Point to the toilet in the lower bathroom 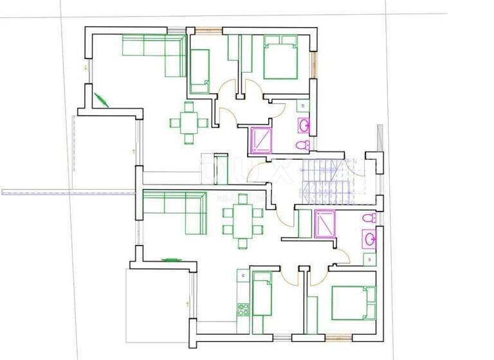pos(369,219)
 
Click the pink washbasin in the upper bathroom pos(304,125)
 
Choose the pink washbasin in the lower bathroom pos(370,240)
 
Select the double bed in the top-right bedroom pos(280,57)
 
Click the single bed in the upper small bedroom pos(199,71)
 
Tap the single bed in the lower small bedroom pos(262,294)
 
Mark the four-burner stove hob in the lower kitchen pos(244,309)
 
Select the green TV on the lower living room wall pos(170,260)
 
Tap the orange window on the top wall pos(209,30)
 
